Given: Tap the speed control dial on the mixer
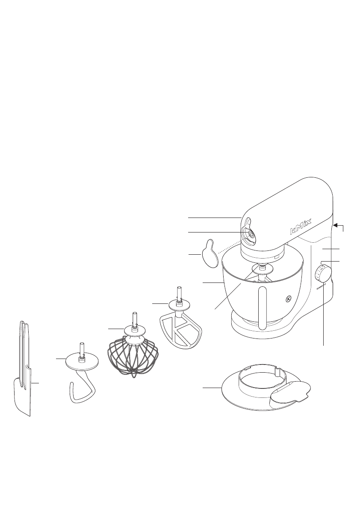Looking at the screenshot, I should (x=323, y=274).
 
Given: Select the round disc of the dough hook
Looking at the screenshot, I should (x=81, y=362).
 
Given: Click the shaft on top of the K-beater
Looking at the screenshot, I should (x=179, y=294).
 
